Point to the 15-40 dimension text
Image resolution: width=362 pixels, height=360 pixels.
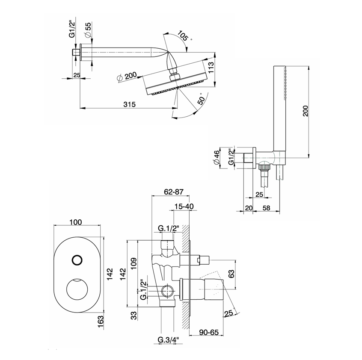(x=184, y=207)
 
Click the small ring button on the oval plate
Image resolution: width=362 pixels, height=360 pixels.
(x=77, y=260)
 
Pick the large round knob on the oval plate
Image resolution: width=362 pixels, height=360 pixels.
(x=77, y=291)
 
